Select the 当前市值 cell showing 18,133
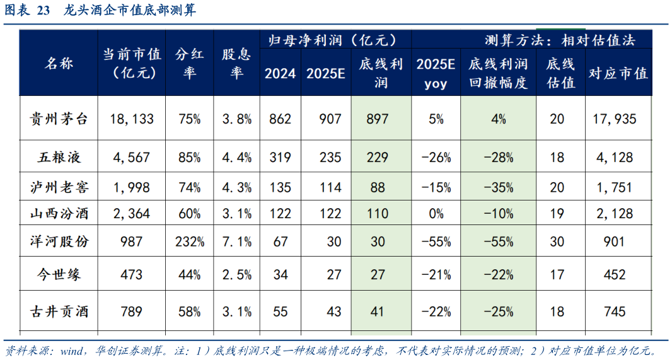(x=132, y=119)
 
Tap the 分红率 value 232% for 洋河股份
(x=190, y=241)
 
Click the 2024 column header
(x=280, y=73)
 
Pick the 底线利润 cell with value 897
(x=378, y=119)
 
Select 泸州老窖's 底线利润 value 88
(x=378, y=187)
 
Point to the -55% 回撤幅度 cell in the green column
(x=498, y=241)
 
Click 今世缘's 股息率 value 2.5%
(x=236, y=274)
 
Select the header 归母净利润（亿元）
(x=333, y=40)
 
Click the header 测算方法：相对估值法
(x=560, y=40)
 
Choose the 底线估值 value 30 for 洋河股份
(x=557, y=241)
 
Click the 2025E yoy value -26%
(x=434, y=157)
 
